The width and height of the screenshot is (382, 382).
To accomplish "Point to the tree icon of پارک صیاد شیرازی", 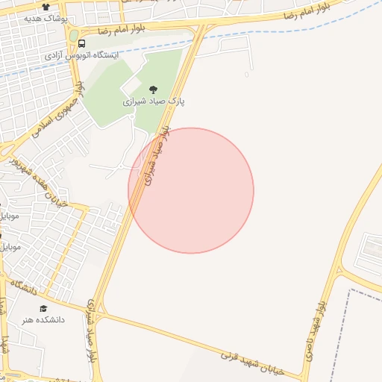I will point(154,89).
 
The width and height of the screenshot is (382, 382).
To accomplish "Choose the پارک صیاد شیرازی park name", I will point(154,99).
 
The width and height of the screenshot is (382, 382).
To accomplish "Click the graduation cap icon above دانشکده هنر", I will point(43,308).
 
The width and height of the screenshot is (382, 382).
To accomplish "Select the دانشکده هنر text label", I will point(43,319).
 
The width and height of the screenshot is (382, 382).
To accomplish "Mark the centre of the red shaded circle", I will point(191,190).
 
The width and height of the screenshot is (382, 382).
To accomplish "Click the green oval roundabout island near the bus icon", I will point(73,35).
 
